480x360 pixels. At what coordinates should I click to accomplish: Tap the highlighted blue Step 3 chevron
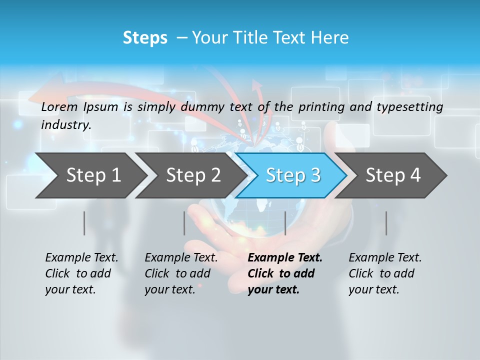[x=292, y=175]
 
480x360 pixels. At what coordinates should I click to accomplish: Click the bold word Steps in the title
[x=145, y=38]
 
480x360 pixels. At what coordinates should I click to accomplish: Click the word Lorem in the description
[x=59, y=106]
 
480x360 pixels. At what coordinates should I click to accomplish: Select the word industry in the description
[x=65, y=124]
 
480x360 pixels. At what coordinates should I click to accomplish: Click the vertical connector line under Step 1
[x=84, y=223]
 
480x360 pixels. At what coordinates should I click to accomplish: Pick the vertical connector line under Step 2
[x=184, y=223]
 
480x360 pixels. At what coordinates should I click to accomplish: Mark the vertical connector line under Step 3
[x=285, y=223]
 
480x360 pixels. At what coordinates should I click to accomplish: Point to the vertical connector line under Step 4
[x=386, y=223]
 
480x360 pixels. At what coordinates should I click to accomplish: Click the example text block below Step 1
[x=81, y=273]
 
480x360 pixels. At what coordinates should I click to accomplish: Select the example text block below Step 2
[x=181, y=273]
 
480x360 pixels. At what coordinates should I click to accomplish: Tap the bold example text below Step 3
[x=284, y=273]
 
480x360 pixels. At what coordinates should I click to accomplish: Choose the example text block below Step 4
[x=385, y=273]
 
